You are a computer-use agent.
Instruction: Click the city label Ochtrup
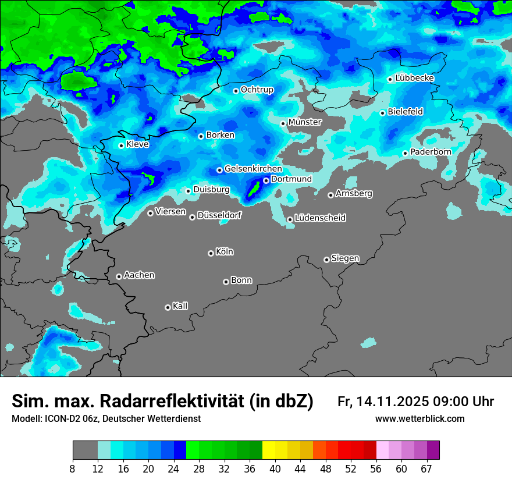(x=257, y=90)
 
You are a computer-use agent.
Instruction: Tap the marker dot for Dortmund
(x=266, y=180)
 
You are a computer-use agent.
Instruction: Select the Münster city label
(x=305, y=122)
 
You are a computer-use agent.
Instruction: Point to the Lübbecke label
(x=415, y=78)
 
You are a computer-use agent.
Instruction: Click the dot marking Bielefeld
(x=382, y=113)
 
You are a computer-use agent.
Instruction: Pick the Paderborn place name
(x=431, y=152)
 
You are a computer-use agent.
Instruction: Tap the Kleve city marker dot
(x=121, y=145)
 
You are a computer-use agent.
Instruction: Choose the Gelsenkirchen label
(x=253, y=169)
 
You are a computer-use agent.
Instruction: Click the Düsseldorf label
(x=219, y=215)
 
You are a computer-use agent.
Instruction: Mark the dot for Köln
(x=211, y=253)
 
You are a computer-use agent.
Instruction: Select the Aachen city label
(x=139, y=275)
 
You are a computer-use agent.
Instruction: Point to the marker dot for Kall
(x=168, y=307)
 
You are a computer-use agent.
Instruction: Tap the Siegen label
(x=345, y=258)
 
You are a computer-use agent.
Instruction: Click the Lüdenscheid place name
(x=320, y=218)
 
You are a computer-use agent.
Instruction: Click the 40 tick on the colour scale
(x=275, y=468)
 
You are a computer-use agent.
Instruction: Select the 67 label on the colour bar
(x=426, y=468)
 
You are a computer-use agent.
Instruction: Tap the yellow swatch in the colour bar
(x=269, y=450)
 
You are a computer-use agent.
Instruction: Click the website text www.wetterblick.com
(x=420, y=418)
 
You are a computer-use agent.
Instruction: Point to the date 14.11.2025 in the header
(x=393, y=402)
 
